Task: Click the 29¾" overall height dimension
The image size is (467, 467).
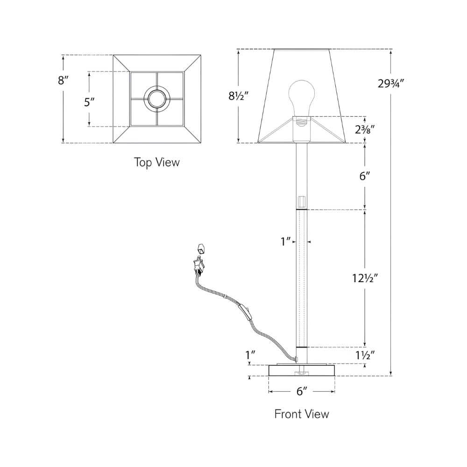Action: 391,84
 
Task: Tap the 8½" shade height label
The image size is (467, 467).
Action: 238,96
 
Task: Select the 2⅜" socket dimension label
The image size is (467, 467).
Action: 365,129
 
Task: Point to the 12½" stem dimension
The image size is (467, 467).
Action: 365,278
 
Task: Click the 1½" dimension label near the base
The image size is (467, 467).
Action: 365,355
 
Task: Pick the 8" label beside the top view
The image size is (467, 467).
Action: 63,80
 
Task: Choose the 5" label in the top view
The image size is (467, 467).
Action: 89,102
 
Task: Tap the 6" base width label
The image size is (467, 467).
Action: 302,391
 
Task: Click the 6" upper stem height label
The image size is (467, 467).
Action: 365,176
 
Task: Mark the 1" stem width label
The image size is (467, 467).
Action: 286,241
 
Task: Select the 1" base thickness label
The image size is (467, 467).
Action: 250,355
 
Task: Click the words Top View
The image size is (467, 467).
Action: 157,163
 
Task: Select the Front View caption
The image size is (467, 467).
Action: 302,414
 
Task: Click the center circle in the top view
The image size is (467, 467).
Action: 157,99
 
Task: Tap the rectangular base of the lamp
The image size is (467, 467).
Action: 302,370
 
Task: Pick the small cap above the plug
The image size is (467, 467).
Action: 202,248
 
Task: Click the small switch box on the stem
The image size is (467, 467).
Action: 302,201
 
